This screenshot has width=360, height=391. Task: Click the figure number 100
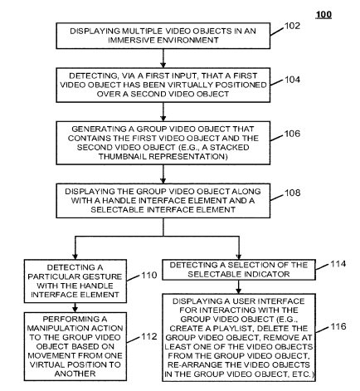[324, 14]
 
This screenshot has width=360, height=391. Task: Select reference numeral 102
[292, 26]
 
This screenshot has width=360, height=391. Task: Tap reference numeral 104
[292, 80]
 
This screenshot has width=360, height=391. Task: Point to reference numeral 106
[292, 134]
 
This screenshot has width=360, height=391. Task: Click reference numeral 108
[292, 193]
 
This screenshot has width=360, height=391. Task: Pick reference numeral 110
[149, 275]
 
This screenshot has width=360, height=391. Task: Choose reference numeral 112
[149, 336]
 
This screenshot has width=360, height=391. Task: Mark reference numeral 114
[338, 264]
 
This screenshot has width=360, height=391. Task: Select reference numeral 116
[338, 326]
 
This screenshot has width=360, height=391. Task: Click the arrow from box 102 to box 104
[163, 58]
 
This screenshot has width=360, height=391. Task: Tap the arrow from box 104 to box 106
[163, 112]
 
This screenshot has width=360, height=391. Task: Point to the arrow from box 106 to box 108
[163, 174]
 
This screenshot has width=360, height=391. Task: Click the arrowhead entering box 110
[75, 256]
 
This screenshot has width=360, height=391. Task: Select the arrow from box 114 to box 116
[238, 287]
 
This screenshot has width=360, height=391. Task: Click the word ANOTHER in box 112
[75, 374]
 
